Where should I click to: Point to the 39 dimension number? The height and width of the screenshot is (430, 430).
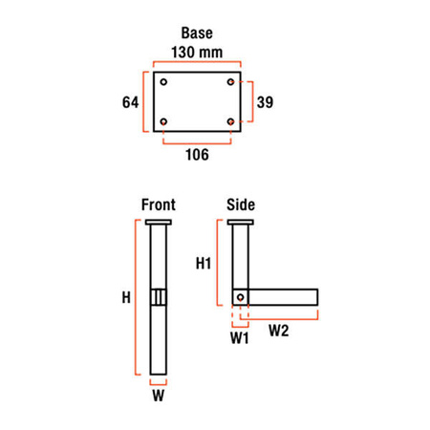pos(268,101)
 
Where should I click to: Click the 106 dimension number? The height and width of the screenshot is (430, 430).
pos(198,152)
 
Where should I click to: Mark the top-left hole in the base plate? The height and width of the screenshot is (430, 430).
pos(165,81)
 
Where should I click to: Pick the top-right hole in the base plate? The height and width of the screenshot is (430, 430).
pos(230,81)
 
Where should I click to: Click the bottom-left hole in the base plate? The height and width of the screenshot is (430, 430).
pos(165,121)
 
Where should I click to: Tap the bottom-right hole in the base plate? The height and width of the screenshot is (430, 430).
pos(230,121)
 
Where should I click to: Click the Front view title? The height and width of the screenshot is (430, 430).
pos(158,204)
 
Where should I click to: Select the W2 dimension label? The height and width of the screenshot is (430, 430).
pos(279,332)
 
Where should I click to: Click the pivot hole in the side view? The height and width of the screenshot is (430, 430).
pos(241,297)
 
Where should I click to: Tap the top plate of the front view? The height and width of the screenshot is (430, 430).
pos(159,222)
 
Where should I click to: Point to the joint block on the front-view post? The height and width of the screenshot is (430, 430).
pos(159,298)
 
